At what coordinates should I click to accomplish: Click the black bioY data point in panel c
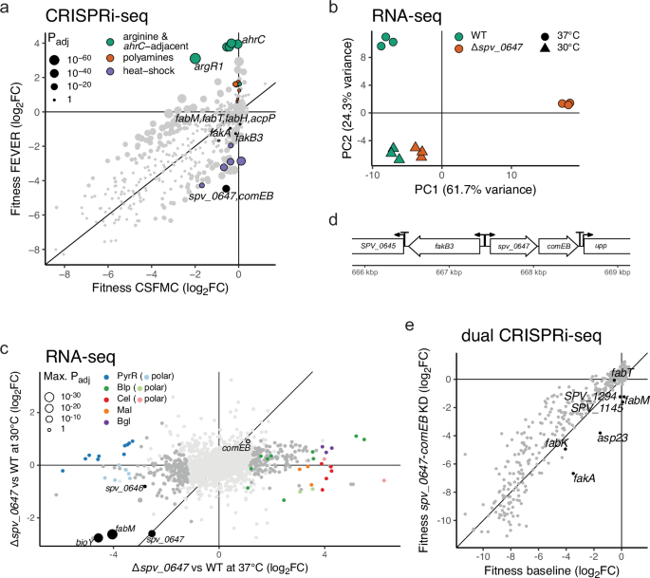pos(98,537)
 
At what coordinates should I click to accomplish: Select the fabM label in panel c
pos(125,528)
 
